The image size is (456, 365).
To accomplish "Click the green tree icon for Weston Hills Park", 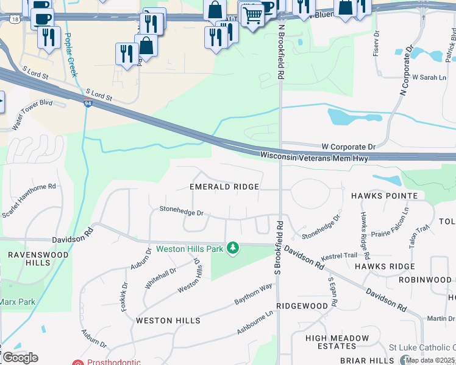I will (232, 248).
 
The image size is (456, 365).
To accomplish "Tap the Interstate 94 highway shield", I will (88, 103).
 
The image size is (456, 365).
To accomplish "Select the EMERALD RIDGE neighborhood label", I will (224, 187).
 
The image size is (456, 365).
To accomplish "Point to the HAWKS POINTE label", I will (384, 196).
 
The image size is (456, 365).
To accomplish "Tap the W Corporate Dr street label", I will (349, 147).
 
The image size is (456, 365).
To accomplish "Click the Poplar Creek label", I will (71, 55).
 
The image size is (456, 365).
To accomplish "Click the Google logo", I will (20, 357).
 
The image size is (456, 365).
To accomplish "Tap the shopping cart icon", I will (252, 15).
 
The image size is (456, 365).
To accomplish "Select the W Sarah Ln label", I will (429, 78).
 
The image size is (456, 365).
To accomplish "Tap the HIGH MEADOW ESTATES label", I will (337, 342).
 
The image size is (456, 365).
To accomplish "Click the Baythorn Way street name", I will (253, 294).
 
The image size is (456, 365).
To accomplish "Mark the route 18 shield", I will (14, 19).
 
